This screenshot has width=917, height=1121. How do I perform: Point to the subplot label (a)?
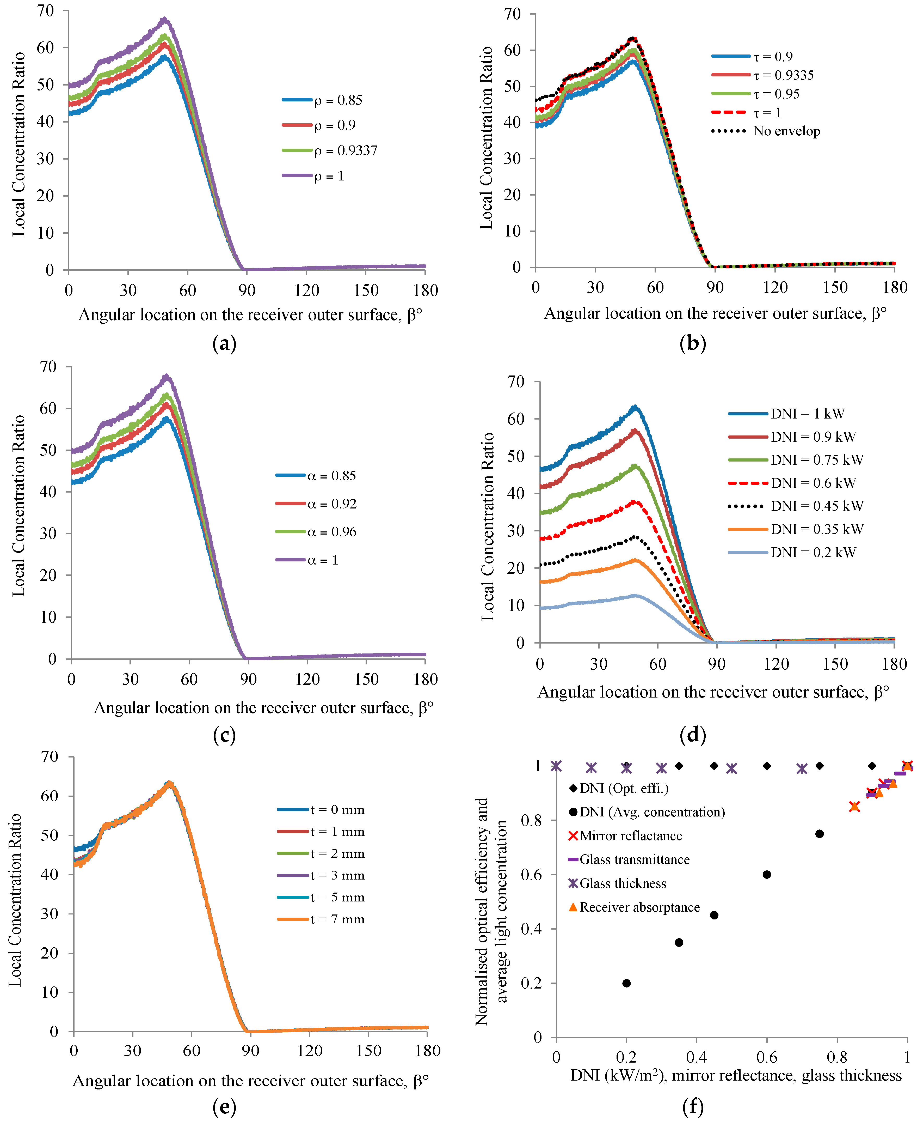tap(224, 344)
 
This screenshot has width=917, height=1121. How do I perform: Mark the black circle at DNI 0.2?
tap(626, 983)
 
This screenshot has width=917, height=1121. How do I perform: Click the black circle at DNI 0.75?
tap(819, 833)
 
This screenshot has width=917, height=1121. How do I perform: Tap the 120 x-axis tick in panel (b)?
tap(775, 288)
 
